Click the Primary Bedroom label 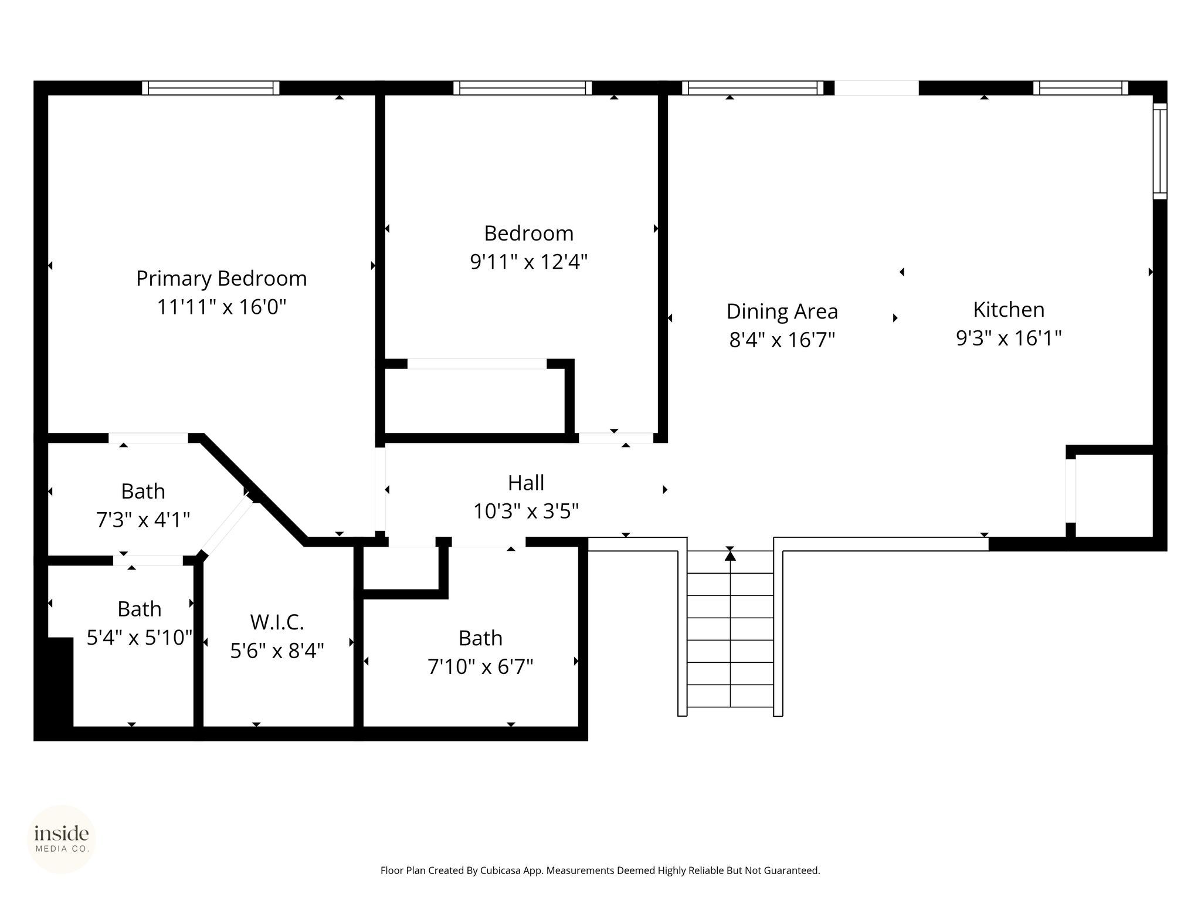(222, 278)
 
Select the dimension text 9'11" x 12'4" (529, 262)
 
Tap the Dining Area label (782, 311)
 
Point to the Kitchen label (1009, 309)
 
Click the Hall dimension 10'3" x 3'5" (526, 512)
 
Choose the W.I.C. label (277, 622)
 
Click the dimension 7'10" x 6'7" (480, 667)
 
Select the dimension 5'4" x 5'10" (140, 638)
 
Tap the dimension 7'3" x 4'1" (143, 520)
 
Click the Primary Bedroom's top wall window (211, 88)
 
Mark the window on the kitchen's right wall (1160, 151)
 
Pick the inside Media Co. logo (62, 839)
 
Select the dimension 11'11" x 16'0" (222, 307)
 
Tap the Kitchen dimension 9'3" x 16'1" (1009, 338)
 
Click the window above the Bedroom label (523, 88)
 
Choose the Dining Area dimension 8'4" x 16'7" (782, 340)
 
